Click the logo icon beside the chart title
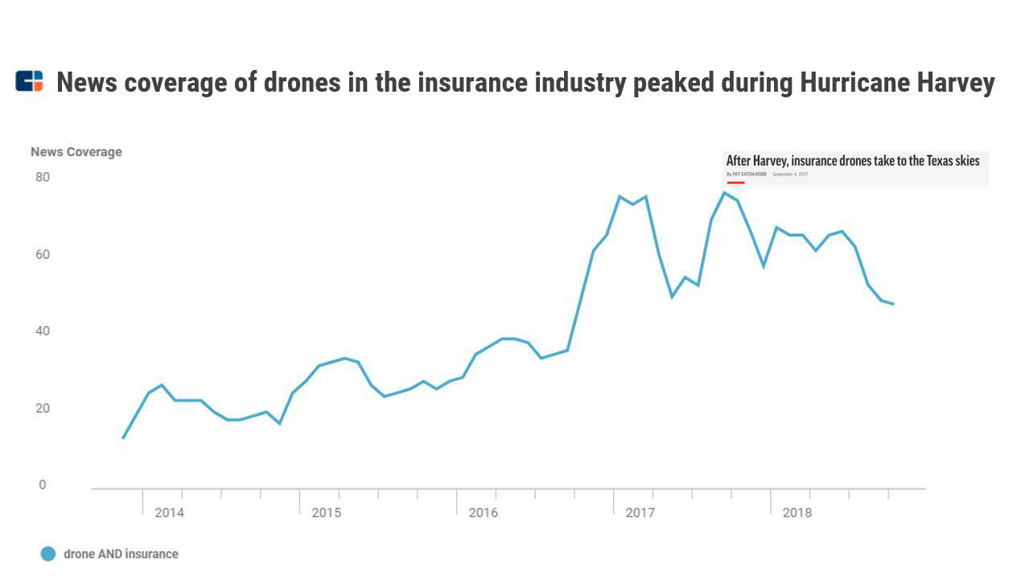[x=29, y=81]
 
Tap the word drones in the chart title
[x=302, y=82]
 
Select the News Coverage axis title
[x=76, y=152]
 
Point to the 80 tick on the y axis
[x=43, y=177]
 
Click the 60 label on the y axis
[x=43, y=254]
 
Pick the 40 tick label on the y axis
[x=43, y=331]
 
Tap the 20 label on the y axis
[x=43, y=408]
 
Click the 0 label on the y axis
[x=43, y=485]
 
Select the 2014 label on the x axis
[x=169, y=512]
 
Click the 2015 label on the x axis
[x=326, y=512]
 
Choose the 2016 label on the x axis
[x=483, y=512]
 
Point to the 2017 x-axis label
[x=640, y=512]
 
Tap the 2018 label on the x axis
[x=797, y=512]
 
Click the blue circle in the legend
[x=48, y=553]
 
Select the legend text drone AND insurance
[x=121, y=553]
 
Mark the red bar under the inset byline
[x=735, y=183]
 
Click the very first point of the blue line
[x=123, y=438]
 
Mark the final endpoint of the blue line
[x=893, y=304]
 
